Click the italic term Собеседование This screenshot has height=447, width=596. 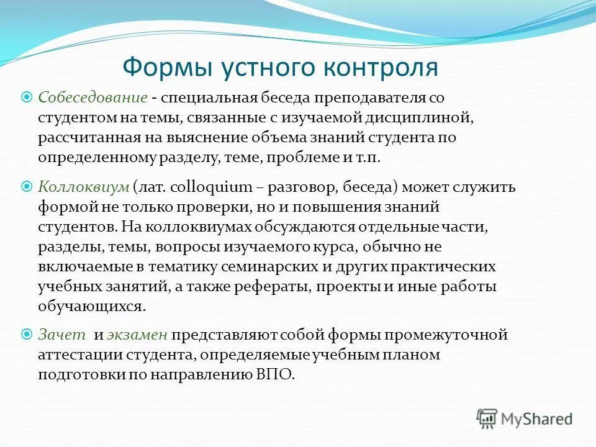click(93, 97)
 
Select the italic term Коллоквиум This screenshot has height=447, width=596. click(83, 187)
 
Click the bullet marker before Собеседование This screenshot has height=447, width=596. click(27, 97)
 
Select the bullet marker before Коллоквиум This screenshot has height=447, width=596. click(27, 186)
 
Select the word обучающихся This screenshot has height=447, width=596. click(92, 306)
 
